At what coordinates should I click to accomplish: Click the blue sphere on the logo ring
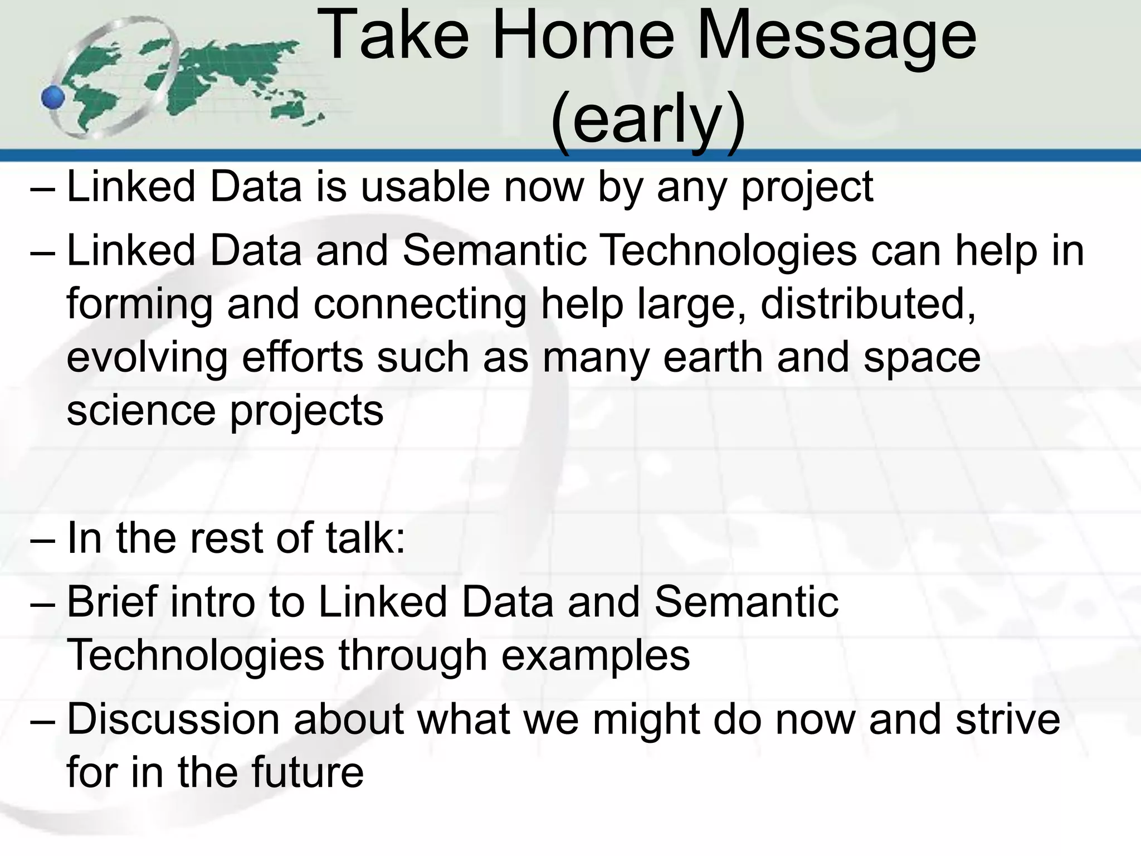pos(53,98)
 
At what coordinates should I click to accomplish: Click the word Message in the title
pos(836,37)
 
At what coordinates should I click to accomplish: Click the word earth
pos(713,357)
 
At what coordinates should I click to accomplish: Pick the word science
pos(140,410)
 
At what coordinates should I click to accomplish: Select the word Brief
pos(111,602)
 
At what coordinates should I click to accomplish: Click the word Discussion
pos(173,719)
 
